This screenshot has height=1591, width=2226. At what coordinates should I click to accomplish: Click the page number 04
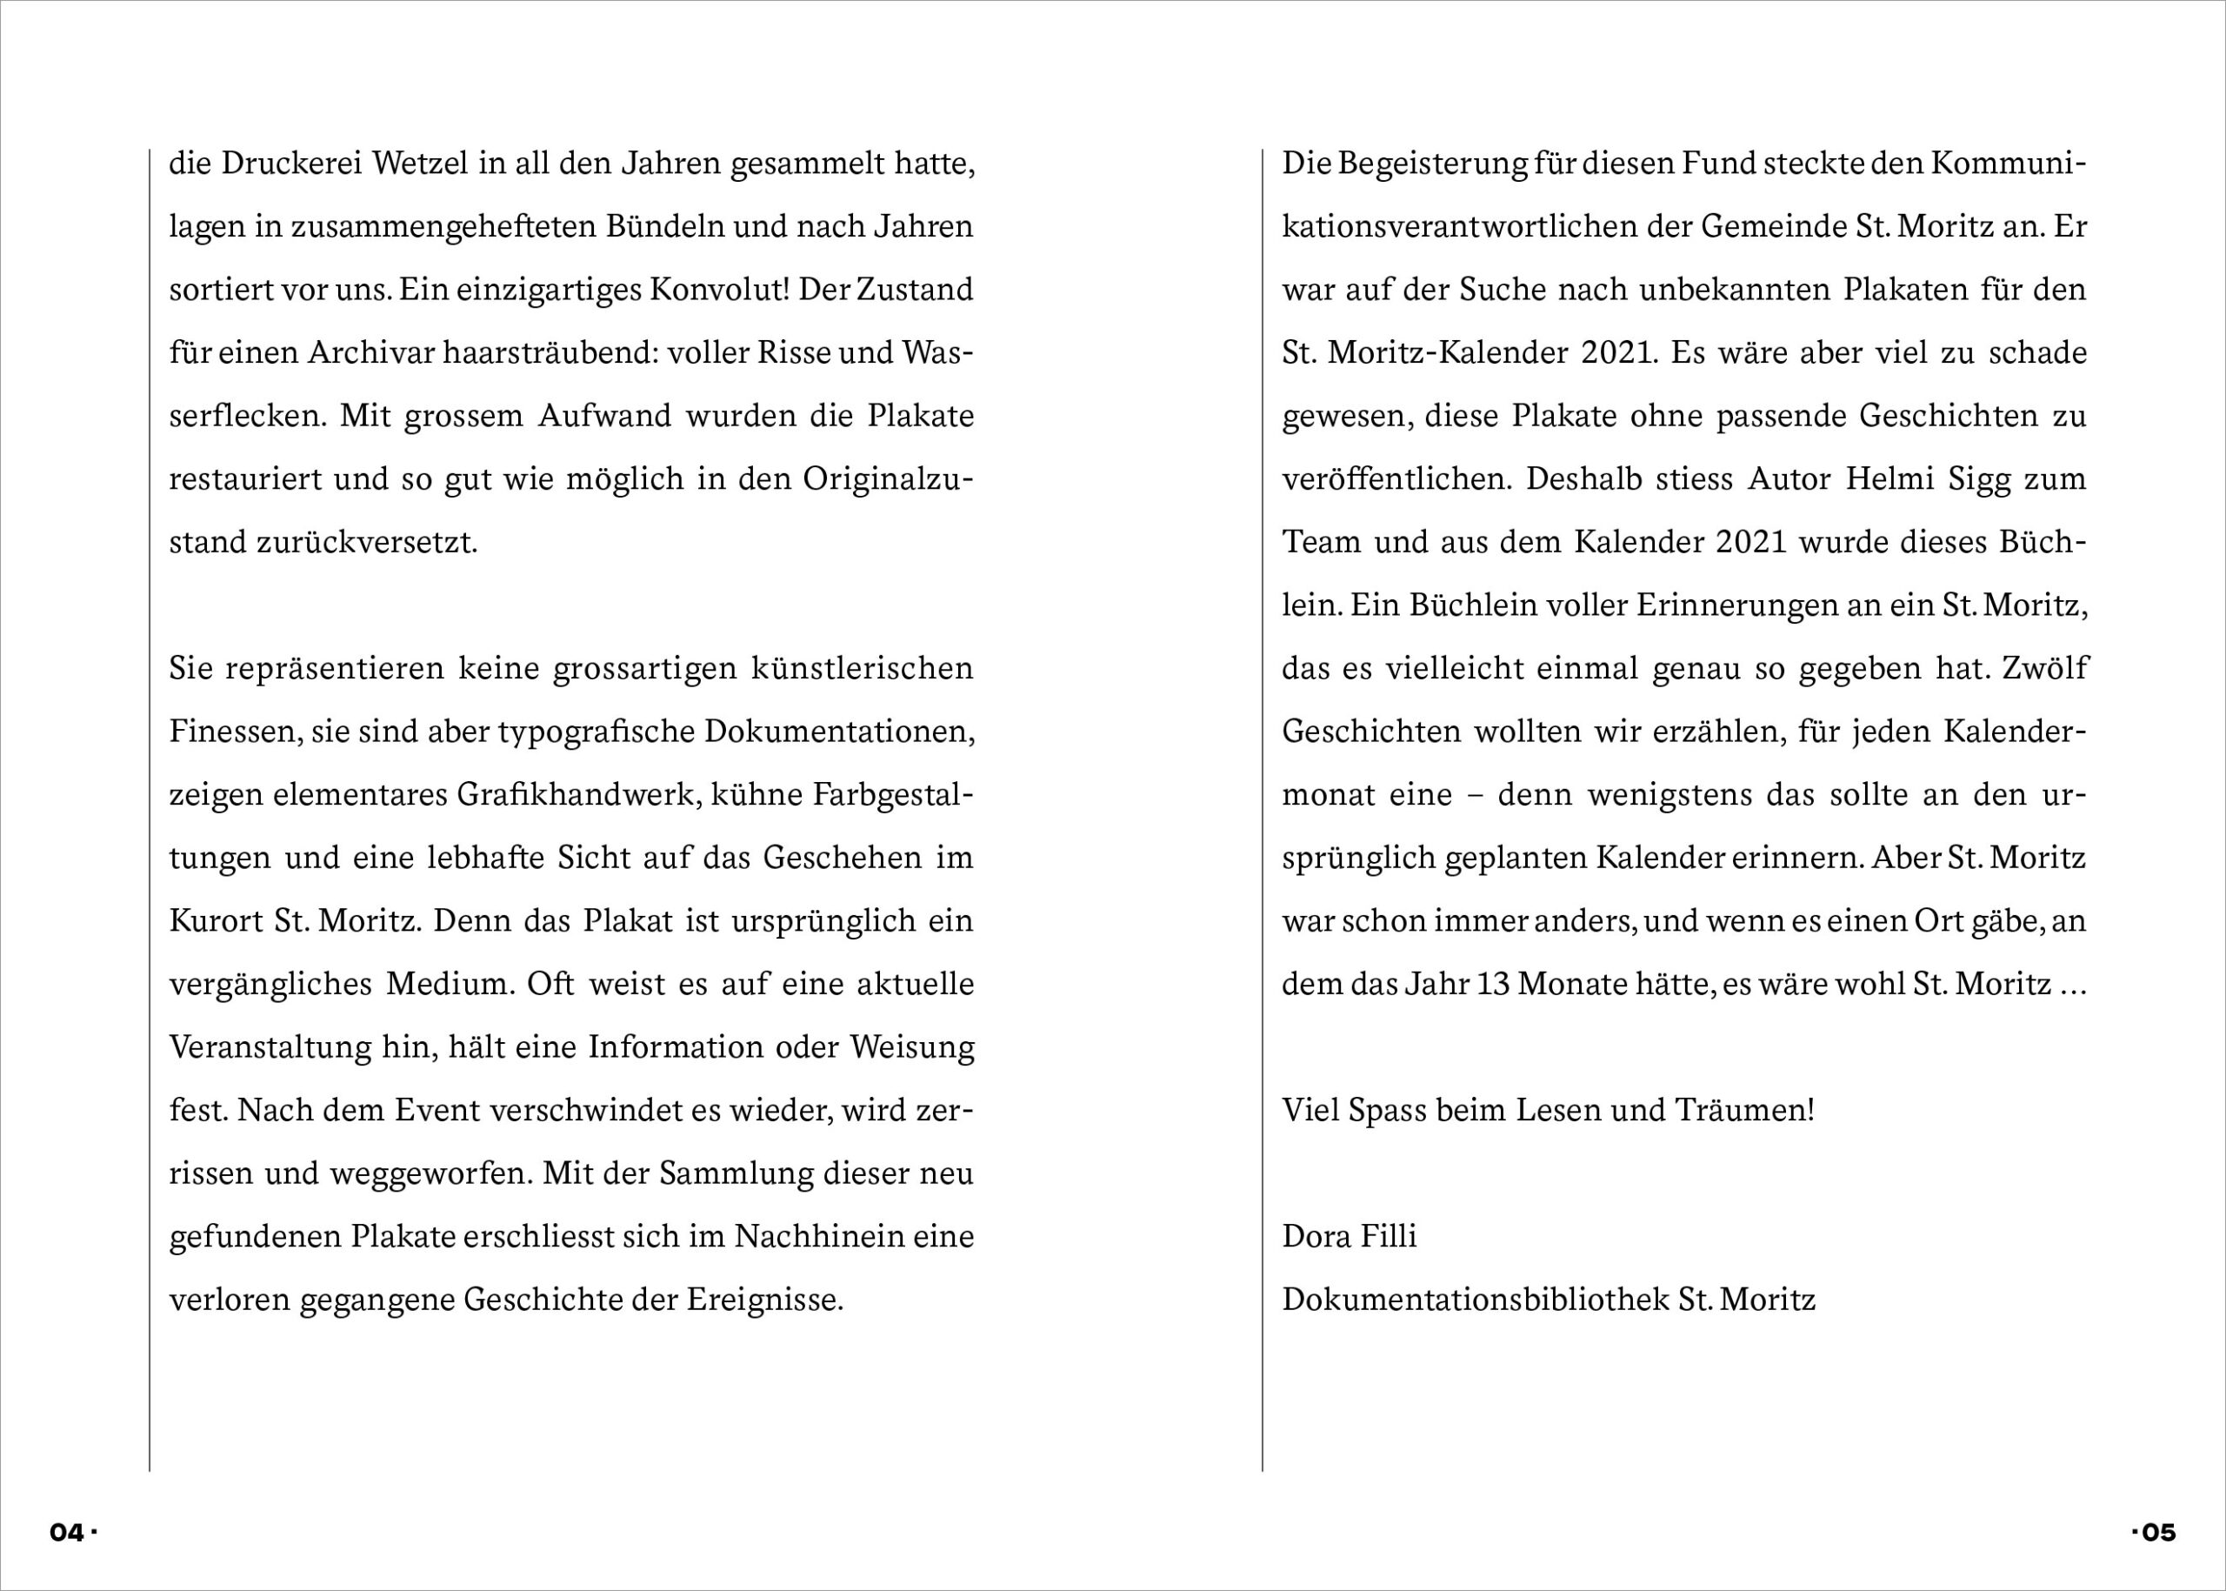tap(67, 1532)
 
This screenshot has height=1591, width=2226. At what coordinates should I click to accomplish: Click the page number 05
tap(2158, 1532)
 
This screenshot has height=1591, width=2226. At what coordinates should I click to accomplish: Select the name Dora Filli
tap(1349, 1236)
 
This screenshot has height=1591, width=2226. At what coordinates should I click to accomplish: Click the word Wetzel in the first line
tap(421, 164)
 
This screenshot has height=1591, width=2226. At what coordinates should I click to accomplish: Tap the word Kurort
tap(217, 921)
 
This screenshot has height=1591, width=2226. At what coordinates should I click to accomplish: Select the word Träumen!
tap(1744, 1110)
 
